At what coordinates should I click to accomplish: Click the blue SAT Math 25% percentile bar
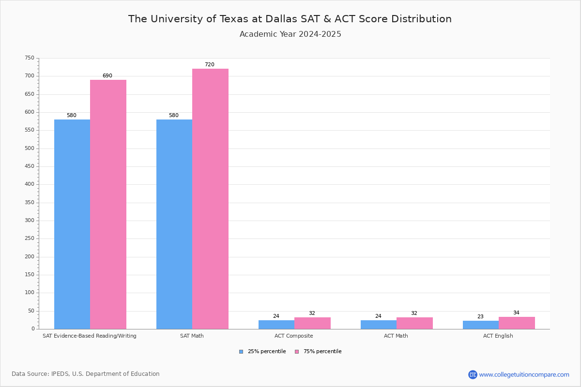(174, 224)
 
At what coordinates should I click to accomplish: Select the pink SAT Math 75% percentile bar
(210, 199)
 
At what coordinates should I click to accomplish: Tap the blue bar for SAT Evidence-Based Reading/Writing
(72, 224)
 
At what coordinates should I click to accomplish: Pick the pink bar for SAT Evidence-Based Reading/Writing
(108, 204)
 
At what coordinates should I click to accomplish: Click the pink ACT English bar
(517, 323)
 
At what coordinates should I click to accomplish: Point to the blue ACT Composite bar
(276, 325)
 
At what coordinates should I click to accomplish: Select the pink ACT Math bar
(414, 323)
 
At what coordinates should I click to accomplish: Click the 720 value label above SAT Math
(209, 65)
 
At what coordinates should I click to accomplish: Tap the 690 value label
(107, 76)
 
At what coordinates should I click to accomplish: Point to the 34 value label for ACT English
(516, 313)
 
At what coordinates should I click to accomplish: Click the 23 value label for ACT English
(480, 317)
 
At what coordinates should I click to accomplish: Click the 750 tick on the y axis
(30, 58)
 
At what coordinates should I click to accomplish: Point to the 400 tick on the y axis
(30, 184)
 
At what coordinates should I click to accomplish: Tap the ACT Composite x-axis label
(293, 336)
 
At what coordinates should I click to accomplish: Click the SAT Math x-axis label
(192, 336)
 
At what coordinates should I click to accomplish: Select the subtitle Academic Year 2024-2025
(290, 34)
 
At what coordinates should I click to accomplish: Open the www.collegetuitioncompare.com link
(524, 374)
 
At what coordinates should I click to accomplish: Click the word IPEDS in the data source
(61, 374)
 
